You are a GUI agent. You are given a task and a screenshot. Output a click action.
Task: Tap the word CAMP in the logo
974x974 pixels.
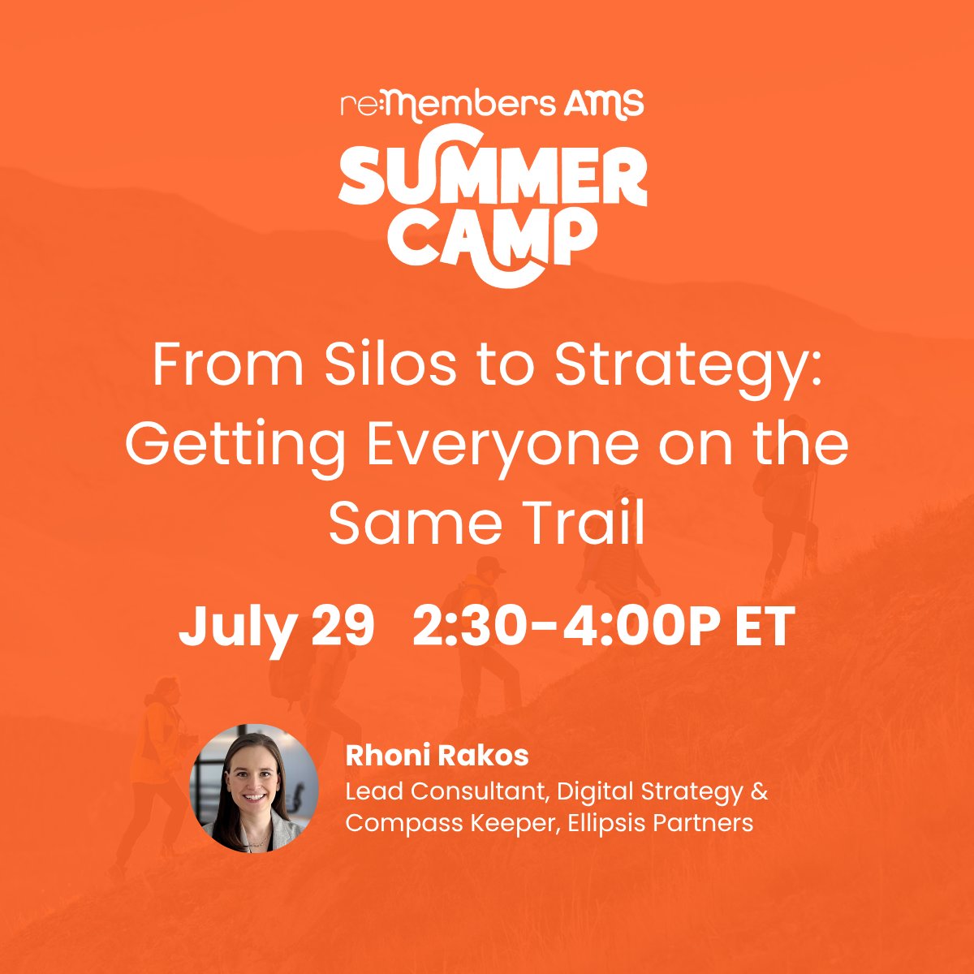coord(492,238)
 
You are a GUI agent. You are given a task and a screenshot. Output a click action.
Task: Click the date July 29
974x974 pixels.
coord(277,627)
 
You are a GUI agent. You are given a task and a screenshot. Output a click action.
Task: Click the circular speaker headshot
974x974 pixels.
coord(254,788)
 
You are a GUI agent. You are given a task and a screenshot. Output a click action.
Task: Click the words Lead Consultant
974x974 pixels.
coord(446,791)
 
